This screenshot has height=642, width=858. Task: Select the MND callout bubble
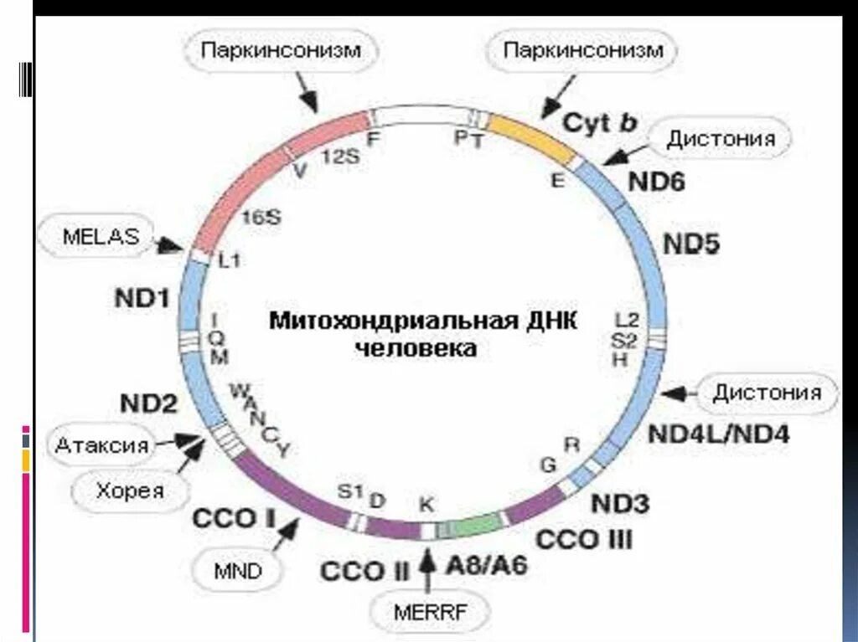coord(238,573)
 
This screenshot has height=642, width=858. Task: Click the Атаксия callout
coord(102,445)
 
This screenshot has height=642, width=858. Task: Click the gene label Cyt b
coord(599,122)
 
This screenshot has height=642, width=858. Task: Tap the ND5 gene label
coord(692,244)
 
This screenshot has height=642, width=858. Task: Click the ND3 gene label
coord(620,503)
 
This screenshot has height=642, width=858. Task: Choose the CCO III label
coord(584,538)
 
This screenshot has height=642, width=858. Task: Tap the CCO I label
coord(234,518)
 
